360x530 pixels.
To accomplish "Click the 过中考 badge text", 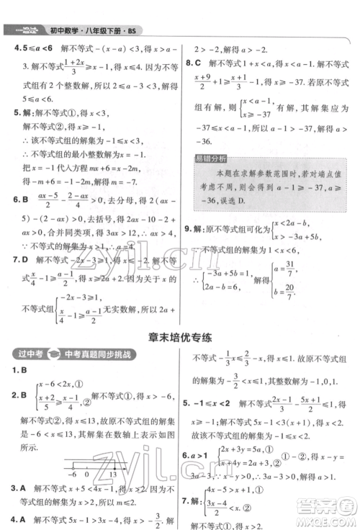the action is point(28,354).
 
